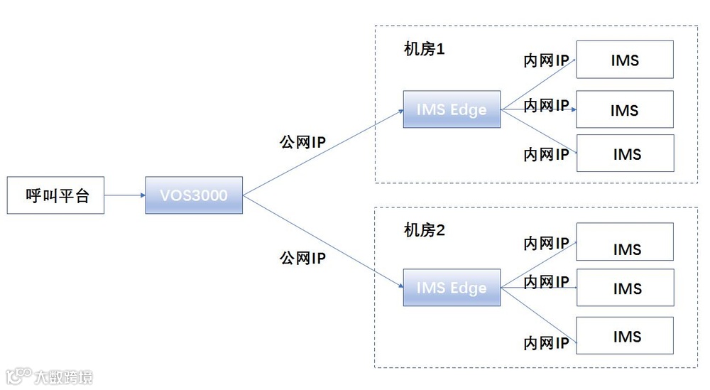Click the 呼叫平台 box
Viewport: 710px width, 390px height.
(x=55, y=195)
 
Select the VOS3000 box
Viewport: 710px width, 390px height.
(x=194, y=195)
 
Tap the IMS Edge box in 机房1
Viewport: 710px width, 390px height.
(x=452, y=109)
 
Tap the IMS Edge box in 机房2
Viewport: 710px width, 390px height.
(x=452, y=288)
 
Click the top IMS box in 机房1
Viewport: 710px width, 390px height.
(x=625, y=60)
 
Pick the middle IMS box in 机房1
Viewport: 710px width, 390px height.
(x=625, y=110)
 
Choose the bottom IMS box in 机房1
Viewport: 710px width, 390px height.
(x=625, y=153)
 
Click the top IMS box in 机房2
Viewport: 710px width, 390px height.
(x=625, y=242)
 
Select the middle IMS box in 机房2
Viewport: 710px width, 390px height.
(x=625, y=288)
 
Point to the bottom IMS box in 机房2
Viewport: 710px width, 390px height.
(x=625, y=336)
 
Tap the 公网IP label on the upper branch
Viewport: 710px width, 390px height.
(x=302, y=143)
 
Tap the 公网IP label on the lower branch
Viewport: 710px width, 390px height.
(x=302, y=258)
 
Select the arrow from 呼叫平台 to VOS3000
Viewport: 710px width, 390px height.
(x=125, y=195)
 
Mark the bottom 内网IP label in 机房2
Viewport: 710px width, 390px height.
(x=546, y=344)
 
